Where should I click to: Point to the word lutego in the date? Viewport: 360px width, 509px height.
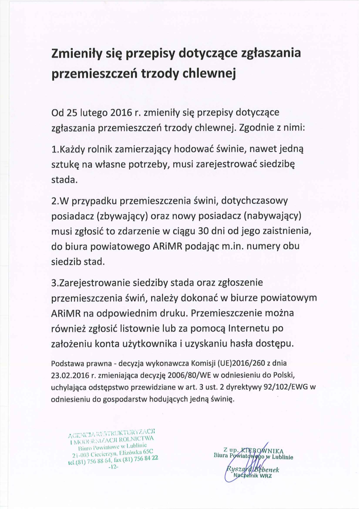click(x=99, y=112)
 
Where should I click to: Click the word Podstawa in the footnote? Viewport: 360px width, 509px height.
click(x=67, y=363)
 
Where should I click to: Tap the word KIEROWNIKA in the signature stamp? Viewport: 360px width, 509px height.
click(x=262, y=450)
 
